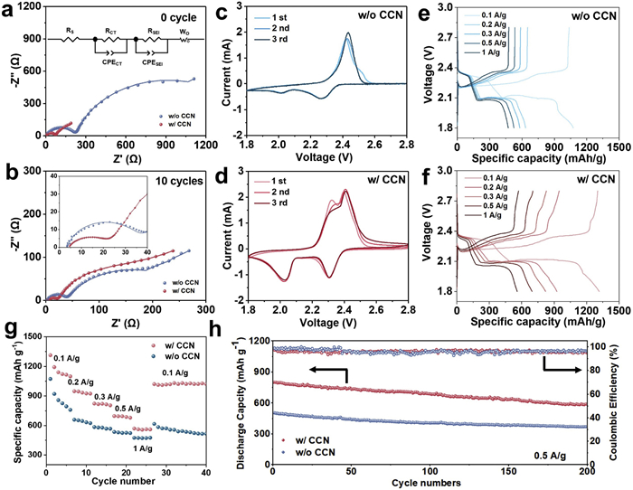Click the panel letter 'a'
pos(10,11)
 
